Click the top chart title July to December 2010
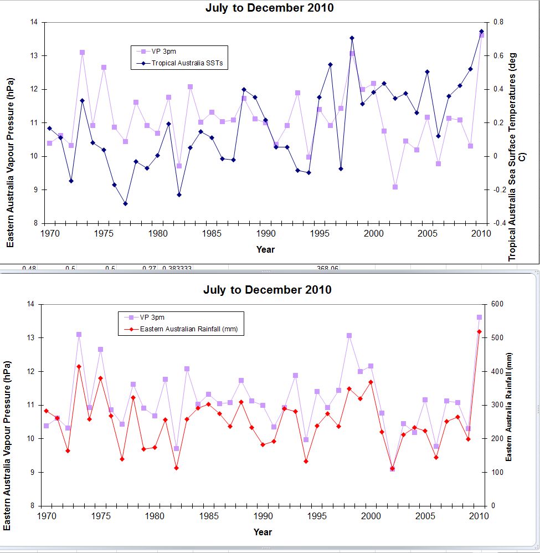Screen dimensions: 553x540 click(x=269, y=8)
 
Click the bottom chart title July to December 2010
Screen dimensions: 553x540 click(x=267, y=290)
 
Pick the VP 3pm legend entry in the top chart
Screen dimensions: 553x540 click(x=164, y=52)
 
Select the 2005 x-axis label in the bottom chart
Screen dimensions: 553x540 click(x=425, y=516)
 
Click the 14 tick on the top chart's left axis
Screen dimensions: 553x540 click(x=33, y=22)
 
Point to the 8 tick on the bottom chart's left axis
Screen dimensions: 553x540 click(x=34, y=506)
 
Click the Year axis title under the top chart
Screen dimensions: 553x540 click(x=265, y=249)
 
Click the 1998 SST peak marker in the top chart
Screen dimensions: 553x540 click(x=352, y=38)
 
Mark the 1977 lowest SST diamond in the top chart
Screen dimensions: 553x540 click(x=125, y=203)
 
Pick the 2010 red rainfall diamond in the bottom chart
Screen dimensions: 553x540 click(x=479, y=331)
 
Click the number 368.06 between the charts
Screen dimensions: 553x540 click(x=327, y=269)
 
